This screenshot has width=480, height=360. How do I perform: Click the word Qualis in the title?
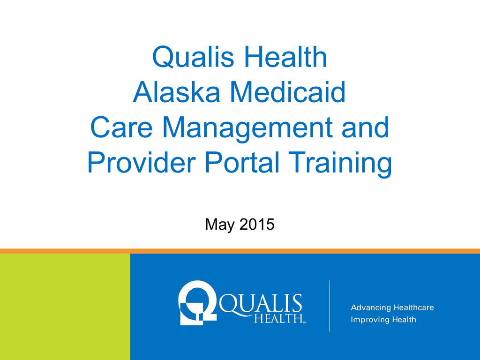point(193,57)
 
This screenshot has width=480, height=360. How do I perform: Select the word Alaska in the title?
point(177,92)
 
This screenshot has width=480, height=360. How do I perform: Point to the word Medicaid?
point(288,92)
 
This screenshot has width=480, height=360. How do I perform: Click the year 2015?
point(257,224)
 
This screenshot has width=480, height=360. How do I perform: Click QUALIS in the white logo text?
point(261,303)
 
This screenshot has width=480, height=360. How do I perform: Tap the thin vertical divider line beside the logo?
point(330,306)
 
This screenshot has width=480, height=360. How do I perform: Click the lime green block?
point(65,307)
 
